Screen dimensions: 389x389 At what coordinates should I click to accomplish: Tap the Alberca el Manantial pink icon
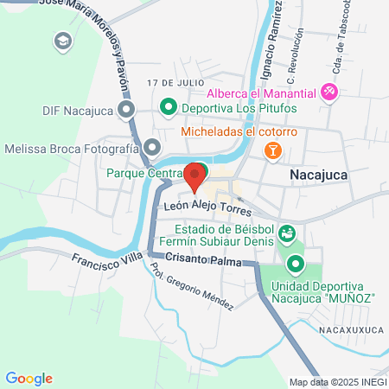point(328,91)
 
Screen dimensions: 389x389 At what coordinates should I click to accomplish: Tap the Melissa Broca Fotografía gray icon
point(152,149)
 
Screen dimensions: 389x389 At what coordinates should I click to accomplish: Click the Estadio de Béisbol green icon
point(288,233)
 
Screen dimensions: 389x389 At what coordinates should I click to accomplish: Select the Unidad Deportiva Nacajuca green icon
point(297,265)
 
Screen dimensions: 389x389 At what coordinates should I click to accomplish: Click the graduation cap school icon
point(63,41)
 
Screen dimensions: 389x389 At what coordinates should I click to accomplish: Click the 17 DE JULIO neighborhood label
point(167,83)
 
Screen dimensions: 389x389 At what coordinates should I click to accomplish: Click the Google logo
point(29,379)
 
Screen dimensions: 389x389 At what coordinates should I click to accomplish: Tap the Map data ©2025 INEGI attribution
point(338,382)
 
